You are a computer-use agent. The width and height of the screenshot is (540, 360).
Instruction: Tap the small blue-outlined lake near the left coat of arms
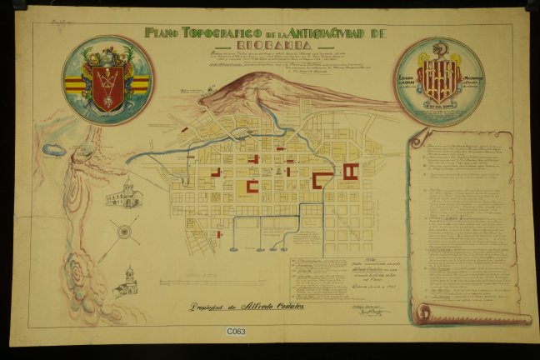(56, 151)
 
